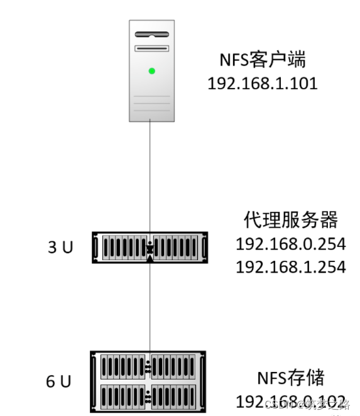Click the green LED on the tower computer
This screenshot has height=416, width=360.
click(151, 71)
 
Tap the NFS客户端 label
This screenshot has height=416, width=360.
click(263, 60)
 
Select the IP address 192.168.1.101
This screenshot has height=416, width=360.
click(263, 83)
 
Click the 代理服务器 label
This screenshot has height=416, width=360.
click(290, 220)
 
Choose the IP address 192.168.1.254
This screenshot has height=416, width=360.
click(290, 266)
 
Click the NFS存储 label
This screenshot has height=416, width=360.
click(290, 378)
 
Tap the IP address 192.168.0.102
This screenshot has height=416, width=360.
click(290, 401)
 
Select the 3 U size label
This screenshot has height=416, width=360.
click(60, 248)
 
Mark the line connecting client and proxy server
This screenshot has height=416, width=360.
click(150, 176)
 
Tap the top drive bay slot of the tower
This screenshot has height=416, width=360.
click(151, 34)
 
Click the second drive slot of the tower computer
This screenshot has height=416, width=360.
click(151, 48)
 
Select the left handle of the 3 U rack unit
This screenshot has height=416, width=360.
click(95, 248)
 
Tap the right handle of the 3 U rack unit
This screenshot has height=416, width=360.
click(204, 248)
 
